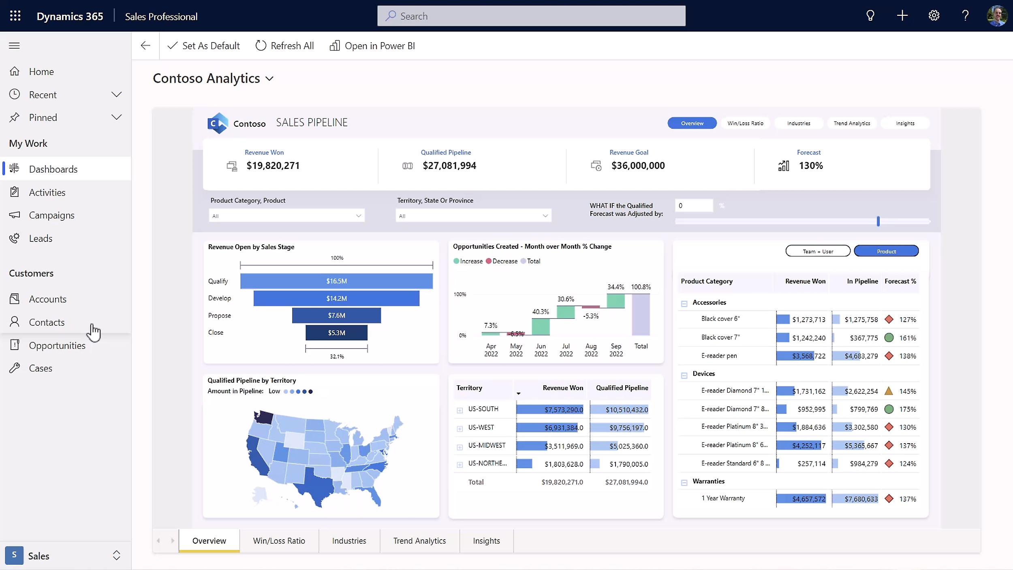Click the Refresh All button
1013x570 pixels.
pyautogui.click(x=284, y=46)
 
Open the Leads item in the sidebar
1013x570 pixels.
pyautogui.click(x=41, y=238)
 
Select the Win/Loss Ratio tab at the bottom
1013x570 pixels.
pyautogui.click(x=279, y=540)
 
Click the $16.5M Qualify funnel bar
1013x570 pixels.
pyautogui.click(x=336, y=281)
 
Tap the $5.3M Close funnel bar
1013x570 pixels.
pyautogui.click(x=336, y=333)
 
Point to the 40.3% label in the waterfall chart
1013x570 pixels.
pyautogui.click(x=541, y=312)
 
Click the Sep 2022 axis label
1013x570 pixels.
pyautogui.click(x=616, y=350)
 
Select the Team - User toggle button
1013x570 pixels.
pyautogui.click(x=818, y=251)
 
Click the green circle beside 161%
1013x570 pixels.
pyautogui.click(x=889, y=337)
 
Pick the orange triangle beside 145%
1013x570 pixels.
pyautogui.click(x=889, y=391)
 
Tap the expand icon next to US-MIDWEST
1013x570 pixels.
pyautogui.click(x=459, y=447)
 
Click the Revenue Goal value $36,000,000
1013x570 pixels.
pyautogui.click(x=638, y=165)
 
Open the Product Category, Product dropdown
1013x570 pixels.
pyautogui.click(x=286, y=216)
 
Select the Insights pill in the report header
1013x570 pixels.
pyautogui.click(x=905, y=123)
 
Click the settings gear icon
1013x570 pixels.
pyautogui.click(x=934, y=16)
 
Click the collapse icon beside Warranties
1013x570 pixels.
pyautogui.click(x=684, y=482)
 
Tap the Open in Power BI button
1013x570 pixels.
pyautogui.click(x=372, y=46)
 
